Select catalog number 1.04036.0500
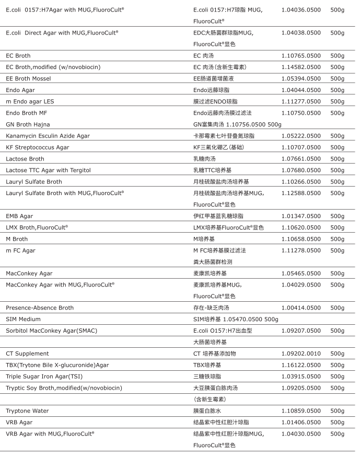pyautogui.click(x=301, y=10)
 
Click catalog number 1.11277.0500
pyautogui.click(x=301, y=101)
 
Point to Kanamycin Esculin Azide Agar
pyautogui.click(x=48, y=136)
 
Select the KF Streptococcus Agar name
pyautogui.click(x=38, y=147)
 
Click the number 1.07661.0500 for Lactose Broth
pyautogui.click(x=301, y=159)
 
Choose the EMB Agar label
pyautogui.click(x=19, y=216)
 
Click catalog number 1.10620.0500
pyautogui.click(x=301, y=227)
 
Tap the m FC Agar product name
pyautogui.click(x=20, y=251)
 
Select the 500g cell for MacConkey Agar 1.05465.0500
pyautogui.click(x=337, y=274)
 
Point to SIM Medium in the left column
pyautogui.click(x=23, y=319)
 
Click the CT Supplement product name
pyautogui.click(x=27, y=354)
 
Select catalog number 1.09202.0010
pyautogui.click(x=301, y=354)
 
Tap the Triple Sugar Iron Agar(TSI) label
pyautogui.click(x=44, y=377)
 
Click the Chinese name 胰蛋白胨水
pyautogui.click(x=207, y=411)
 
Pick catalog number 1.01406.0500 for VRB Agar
pyautogui.click(x=301, y=423)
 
